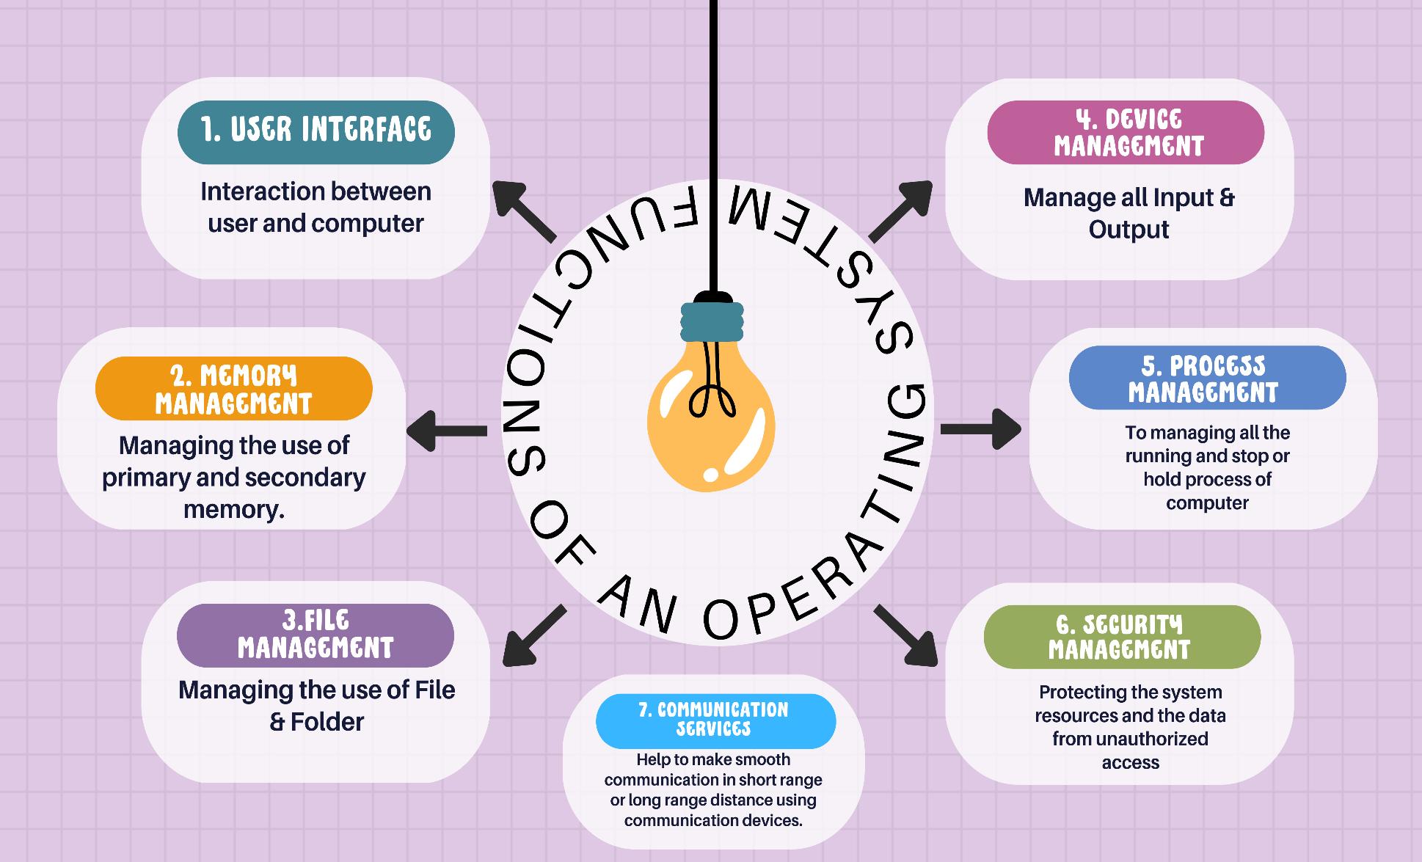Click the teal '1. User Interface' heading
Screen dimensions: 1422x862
pos(316,131)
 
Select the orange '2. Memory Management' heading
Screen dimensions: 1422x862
pos(233,389)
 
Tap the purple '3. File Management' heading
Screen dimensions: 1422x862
pos(316,635)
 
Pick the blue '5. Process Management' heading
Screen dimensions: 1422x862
pos(1206,378)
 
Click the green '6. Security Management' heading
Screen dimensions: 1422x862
pos(1120,636)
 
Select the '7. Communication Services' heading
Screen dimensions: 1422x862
pos(714,720)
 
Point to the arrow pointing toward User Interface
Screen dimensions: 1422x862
pos(522,210)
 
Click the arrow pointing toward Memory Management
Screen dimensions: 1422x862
pos(445,431)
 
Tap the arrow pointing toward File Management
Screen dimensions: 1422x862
pos(533,637)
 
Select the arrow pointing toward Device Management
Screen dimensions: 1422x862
pos(901,210)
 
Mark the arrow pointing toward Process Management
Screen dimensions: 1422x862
pos(982,428)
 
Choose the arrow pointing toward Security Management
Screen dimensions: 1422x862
pos(907,636)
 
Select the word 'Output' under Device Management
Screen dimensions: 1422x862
pos(1129,230)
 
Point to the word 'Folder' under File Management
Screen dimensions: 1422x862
pos(327,722)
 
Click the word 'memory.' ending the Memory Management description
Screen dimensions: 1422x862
pos(234,509)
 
